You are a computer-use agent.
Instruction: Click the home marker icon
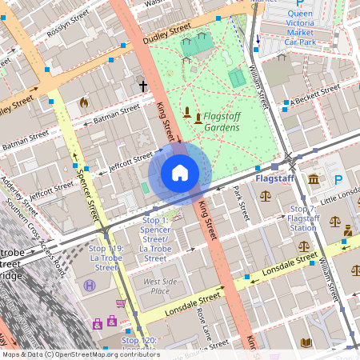click(180, 172)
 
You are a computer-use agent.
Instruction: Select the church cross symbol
click(144, 85)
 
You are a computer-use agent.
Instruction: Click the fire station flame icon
click(84, 102)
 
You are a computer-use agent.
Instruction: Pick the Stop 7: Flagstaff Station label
click(303, 218)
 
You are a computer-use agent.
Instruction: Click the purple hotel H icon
click(90, 285)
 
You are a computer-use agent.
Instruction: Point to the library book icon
click(306, 342)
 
